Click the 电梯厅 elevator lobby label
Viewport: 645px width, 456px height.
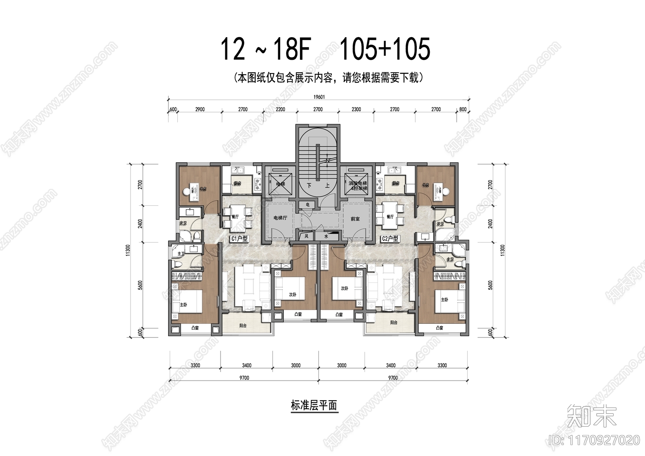coord(280,218)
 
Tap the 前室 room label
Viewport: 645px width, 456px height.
coord(355,219)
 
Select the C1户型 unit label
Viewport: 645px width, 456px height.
coord(239,239)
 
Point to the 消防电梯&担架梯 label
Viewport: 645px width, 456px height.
coord(358,186)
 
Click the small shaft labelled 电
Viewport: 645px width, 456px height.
coord(308,205)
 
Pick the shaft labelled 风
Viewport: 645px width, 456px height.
coord(306,236)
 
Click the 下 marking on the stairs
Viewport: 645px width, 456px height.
coord(310,186)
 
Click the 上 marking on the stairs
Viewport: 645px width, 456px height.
coord(327,186)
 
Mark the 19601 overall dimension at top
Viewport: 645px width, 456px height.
coord(318,97)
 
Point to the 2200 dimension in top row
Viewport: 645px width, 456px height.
coord(280,109)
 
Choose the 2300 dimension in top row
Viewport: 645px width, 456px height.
coord(356,109)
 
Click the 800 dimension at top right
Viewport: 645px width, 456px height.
coord(462,109)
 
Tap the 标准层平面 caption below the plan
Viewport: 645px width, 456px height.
coord(314,405)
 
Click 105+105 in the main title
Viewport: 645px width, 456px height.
coord(385,49)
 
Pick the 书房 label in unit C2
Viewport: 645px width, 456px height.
coord(425,185)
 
